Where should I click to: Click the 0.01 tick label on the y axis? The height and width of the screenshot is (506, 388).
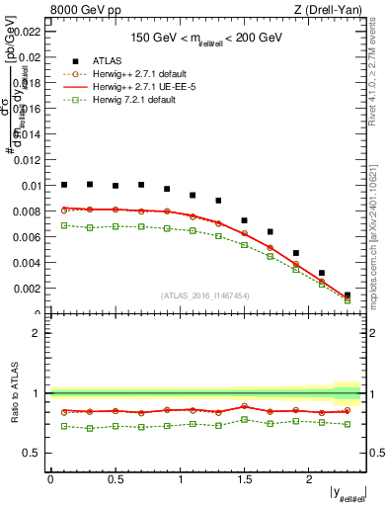[33, 186]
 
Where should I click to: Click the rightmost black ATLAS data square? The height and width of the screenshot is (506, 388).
[347, 295]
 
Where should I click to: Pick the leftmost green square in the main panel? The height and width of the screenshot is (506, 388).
[64, 225]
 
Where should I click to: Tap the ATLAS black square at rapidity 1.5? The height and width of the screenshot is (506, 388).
[244, 220]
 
